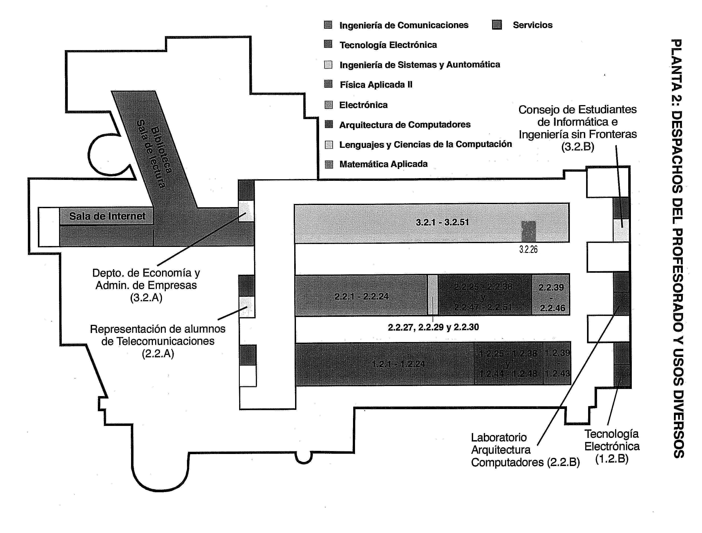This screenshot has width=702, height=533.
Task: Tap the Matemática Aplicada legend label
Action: click(x=383, y=164)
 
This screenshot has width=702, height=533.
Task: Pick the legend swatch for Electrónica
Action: click(x=329, y=105)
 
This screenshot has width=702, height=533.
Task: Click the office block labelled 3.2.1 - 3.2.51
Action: click(x=442, y=222)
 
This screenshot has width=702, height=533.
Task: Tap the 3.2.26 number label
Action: click(x=528, y=249)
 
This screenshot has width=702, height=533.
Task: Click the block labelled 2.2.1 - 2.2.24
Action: click(x=361, y=296)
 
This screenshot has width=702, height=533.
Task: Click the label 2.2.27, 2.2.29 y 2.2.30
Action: click(x=433, y=327)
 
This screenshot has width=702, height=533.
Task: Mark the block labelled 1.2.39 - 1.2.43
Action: click(x=557, y=363)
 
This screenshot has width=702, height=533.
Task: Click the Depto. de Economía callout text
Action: click(x=146, y=285)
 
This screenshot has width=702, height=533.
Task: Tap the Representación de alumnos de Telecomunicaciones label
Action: click(x=158, y=341)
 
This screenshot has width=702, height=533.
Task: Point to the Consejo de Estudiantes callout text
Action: click(x=578, y=128)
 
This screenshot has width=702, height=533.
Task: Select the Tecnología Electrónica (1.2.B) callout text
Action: click(x=612, y=446)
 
